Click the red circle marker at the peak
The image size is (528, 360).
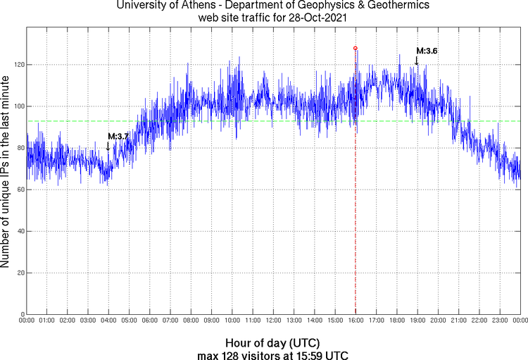[x=356, y=48]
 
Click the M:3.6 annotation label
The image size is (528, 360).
[x=427, y=51]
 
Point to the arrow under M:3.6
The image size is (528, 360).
[x=416, y=61]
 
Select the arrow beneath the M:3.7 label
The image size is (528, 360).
[x=108, y=146]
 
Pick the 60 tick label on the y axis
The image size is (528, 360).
[x=19, y=190]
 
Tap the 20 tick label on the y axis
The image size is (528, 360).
[x=19, y=273]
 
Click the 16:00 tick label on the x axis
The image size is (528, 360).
[x=356, y=321]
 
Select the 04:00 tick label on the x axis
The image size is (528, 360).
[x=108, y=321]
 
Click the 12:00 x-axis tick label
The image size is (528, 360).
[x=273, y=321]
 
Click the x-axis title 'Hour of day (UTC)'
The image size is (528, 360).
[x=273, y=342]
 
